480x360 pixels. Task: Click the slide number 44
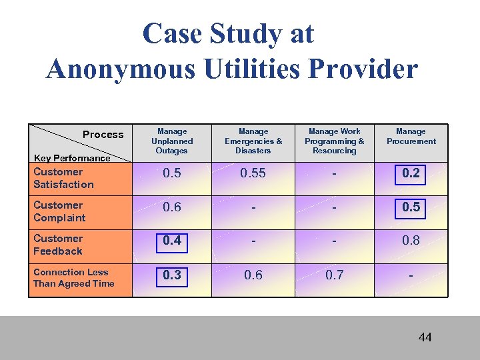coord(425,337)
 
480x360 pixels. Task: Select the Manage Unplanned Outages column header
coord(172,141)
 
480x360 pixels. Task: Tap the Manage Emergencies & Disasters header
coord(253,141)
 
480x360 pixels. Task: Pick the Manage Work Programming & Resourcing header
coord(335,141)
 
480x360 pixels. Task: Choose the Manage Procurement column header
coord(411,137)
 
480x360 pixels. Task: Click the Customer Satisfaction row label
coord(63,178)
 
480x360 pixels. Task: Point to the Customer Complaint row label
coord(59,211)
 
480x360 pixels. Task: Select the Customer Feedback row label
coord(58,245)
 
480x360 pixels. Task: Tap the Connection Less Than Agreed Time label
coord(73,277)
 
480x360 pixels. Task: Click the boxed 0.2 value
coord(411,173)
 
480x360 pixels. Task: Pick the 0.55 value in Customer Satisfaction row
coord(253,173)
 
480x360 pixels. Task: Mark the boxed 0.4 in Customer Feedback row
coord(172,240)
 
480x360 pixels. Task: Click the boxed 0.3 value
coord(172,274)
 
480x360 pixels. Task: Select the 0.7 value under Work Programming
coord(335,274)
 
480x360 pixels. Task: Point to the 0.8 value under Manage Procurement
coord(411,240)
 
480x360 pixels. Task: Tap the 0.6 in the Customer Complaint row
coord(172,207)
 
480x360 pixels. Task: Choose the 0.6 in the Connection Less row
coord(253,274)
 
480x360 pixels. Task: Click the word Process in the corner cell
coord(103,135)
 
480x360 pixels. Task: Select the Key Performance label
coord(72,158)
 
